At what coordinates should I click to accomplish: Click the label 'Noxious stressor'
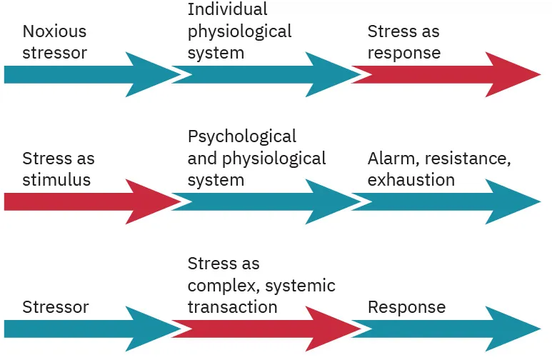[x=54, y=42]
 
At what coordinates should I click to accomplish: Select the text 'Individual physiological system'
[x=239, y=31]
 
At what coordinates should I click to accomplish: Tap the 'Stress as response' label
[x=403, y=42]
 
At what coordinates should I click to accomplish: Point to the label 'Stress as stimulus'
[x=58, y=169]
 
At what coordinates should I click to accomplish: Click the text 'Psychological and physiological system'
[x=256, y=158]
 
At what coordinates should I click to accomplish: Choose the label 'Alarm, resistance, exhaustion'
[x=438, y=169]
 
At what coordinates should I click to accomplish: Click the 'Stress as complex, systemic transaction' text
[x=261, y=286]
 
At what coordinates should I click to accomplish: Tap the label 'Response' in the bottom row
[x=406, y=307]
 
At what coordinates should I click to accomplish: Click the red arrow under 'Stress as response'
[x=443, y=74]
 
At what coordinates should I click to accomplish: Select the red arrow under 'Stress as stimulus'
[x=86, y=201]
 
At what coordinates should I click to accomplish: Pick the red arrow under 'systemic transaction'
[x=264, y=329]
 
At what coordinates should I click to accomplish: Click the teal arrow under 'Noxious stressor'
[x=86, y=74]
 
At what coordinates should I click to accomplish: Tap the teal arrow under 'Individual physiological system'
[x=264, y=74]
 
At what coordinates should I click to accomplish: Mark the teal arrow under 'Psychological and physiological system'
[x=264, y=201]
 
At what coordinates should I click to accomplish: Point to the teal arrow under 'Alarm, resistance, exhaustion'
[x=443, y=201]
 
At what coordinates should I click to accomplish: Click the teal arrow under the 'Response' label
[x=443, y=329]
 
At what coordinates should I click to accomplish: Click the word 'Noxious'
[x=54, y=31]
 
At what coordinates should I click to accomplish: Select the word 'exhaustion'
[x=411, y=179]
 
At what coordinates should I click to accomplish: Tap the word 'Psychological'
[x=241, y=136]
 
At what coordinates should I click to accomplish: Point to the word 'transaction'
[x=232, y=307]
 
